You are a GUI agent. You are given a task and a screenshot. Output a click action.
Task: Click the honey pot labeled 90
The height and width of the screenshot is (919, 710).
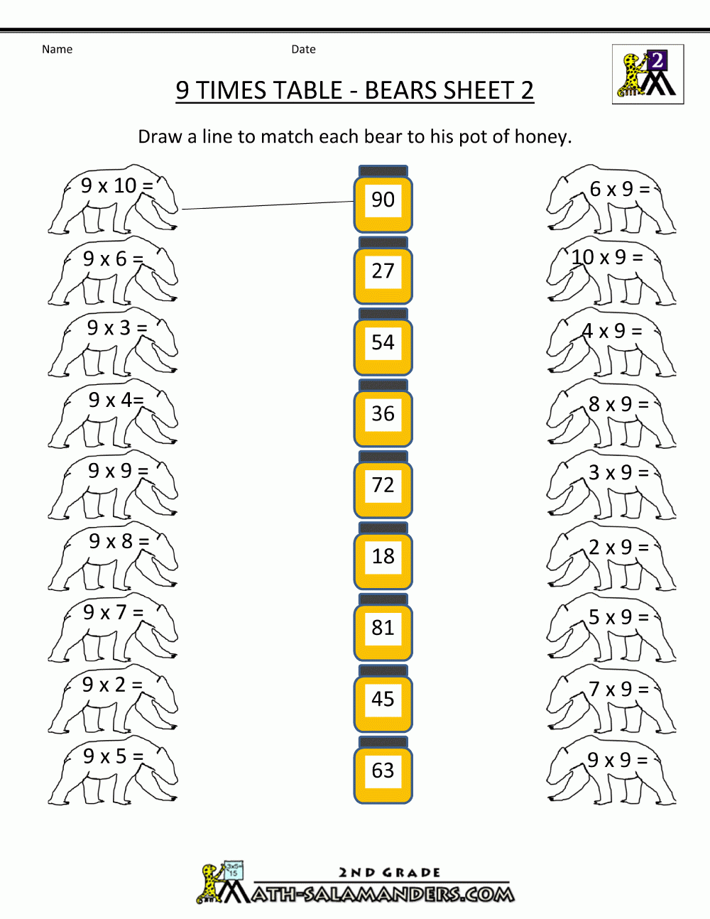point(383,200)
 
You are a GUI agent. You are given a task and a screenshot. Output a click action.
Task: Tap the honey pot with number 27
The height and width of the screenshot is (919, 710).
point(383,272)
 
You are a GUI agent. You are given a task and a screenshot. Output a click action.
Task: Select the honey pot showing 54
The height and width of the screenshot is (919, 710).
point(383,343)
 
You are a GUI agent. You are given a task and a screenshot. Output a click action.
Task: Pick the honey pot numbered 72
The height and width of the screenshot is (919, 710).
point(383,486)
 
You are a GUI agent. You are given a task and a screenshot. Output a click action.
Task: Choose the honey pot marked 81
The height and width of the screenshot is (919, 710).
point(383,629)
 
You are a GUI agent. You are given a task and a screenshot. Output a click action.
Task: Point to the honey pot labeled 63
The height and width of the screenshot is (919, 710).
point(383,771)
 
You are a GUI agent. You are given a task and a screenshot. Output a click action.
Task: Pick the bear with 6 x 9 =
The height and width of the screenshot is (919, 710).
point(611,202)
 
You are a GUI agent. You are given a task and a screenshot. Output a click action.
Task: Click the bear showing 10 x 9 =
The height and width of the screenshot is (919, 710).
point(611,273)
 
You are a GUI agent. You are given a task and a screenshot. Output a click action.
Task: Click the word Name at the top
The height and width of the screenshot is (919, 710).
point(57,49)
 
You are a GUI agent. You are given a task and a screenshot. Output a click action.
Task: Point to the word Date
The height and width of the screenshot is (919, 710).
point(303,49)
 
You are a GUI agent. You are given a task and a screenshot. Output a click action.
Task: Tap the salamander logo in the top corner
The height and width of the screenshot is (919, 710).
point(648,75)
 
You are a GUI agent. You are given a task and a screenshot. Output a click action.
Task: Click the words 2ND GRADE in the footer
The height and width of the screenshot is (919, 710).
point(389,872)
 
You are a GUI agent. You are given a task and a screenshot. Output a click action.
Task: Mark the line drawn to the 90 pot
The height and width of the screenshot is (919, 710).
point(268,205)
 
